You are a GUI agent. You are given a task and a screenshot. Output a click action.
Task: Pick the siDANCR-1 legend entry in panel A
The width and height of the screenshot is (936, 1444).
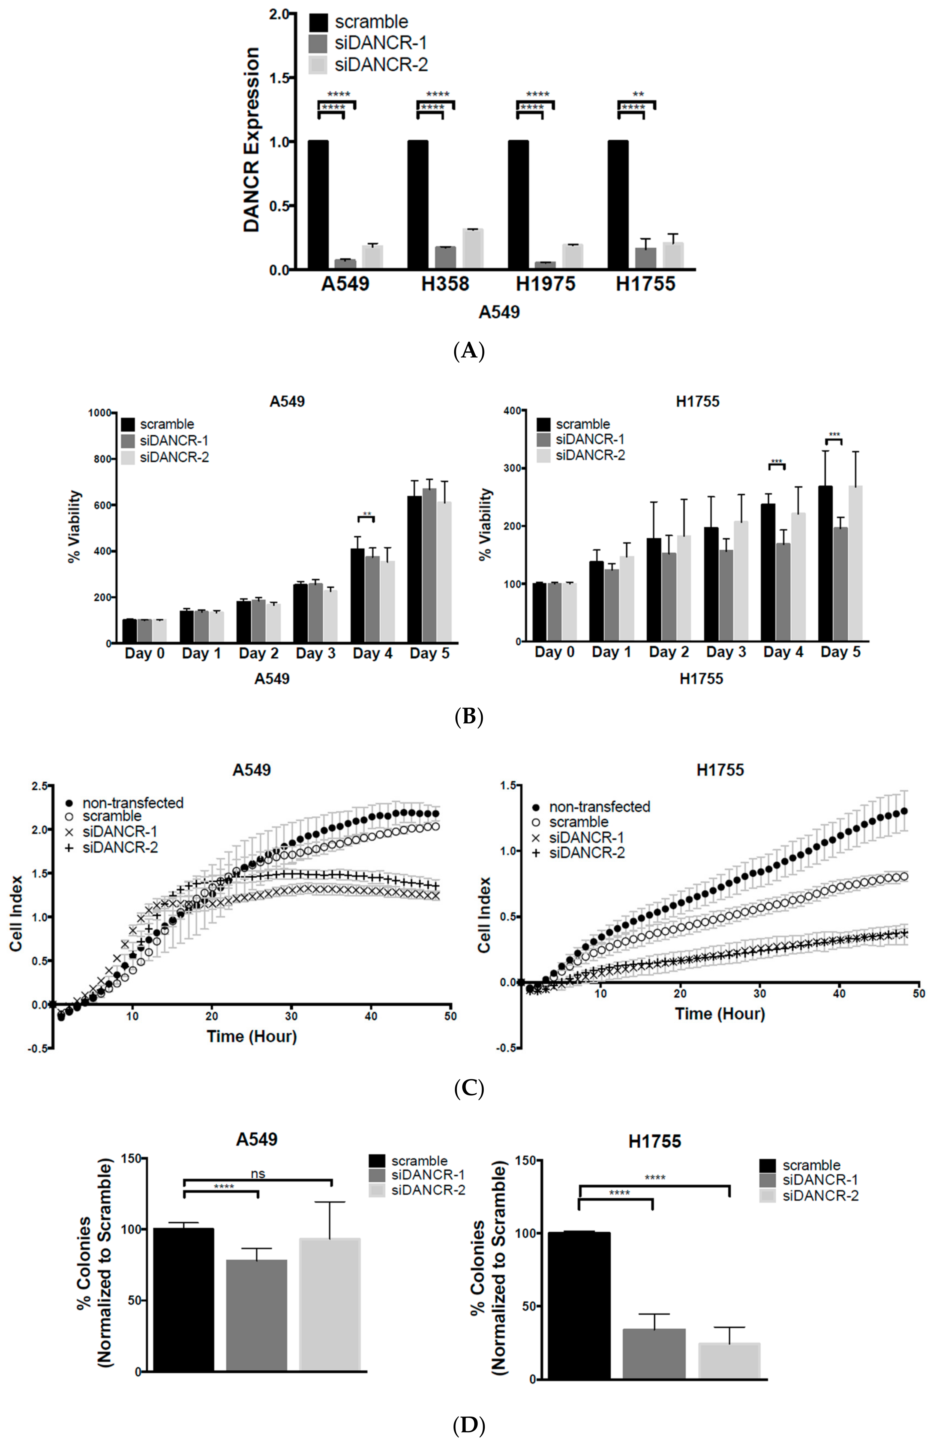(x=380, y=43)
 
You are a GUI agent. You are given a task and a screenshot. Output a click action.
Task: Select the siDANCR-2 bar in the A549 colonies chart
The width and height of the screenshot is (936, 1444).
(x=330, y=1304)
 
